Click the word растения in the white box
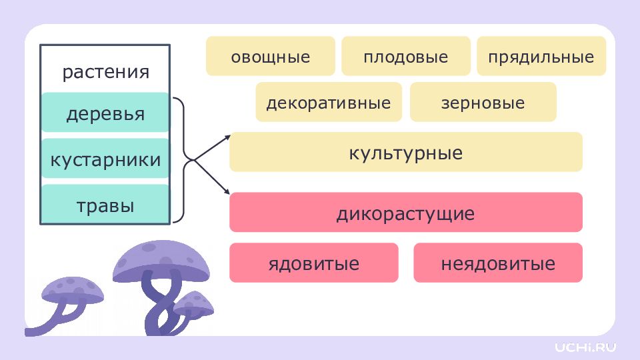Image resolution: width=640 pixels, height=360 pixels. point(106,72)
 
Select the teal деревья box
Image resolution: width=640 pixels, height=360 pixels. point(105,112)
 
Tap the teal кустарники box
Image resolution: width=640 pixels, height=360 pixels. point(105,158)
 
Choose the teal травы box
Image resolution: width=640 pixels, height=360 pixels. point(105,204)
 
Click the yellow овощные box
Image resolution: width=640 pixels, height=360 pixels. point(270,56)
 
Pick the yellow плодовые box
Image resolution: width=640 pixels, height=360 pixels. point(406,56)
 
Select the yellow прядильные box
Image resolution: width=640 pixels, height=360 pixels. point(541,56)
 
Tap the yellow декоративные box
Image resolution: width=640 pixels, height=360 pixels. point(329,102)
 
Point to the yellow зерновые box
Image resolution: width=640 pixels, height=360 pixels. point(483,102)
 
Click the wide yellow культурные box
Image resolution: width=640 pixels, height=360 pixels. point(406,152)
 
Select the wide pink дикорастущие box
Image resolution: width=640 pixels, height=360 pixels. point(406,212)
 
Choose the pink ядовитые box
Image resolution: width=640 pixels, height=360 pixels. point(313,263)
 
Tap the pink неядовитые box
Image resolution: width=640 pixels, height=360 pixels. point(498,263)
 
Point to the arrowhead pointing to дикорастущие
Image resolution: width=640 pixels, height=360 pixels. point(227,192)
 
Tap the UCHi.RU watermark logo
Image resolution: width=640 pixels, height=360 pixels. point(585,347)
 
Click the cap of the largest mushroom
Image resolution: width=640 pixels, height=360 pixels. point(161,261)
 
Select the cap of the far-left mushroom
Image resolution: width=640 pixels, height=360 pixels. point(73,290)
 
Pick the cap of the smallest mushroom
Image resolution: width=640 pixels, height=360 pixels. point(194,304)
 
